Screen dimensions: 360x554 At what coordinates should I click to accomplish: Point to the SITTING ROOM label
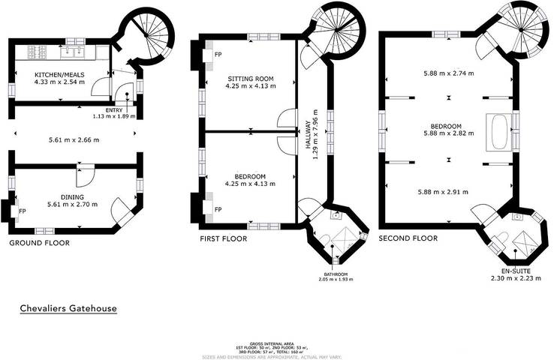pos(251,78)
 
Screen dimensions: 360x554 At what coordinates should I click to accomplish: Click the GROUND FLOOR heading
pos(39,243)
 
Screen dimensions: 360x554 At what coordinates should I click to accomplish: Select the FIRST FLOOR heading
pos(223,238)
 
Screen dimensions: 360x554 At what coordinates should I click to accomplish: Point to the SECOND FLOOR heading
pos(408,238)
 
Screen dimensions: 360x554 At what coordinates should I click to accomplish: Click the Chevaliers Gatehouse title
pos(68,308)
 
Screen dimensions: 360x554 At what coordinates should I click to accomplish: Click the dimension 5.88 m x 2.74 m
pos(448,73)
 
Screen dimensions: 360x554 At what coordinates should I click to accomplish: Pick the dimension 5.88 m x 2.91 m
pos(448,192)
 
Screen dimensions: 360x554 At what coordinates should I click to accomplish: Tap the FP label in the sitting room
pos(218,55)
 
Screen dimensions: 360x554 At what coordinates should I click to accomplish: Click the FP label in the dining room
pos(22,211)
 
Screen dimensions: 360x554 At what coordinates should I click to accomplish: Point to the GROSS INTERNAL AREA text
pos(276,341)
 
